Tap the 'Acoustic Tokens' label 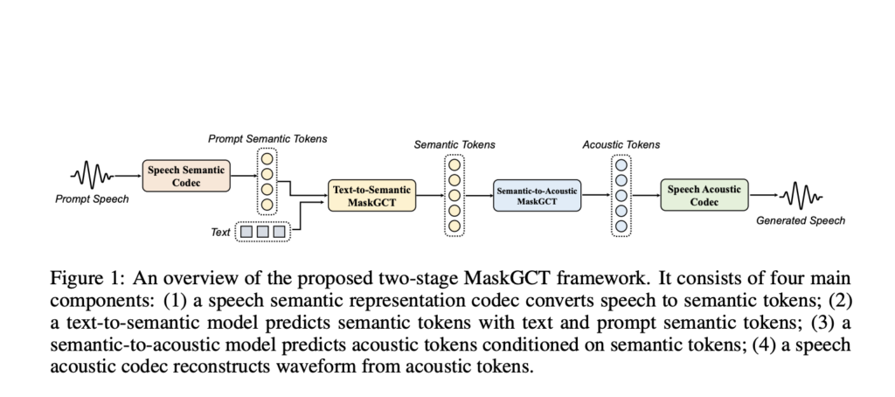click(621, 144)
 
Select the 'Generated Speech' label click(800, 220)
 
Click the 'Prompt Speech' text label click(92, 199)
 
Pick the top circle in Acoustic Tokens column click(621, 164)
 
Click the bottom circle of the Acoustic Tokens click(621, 226)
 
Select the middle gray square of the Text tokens click(261, 233)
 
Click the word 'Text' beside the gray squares click(221, 233)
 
